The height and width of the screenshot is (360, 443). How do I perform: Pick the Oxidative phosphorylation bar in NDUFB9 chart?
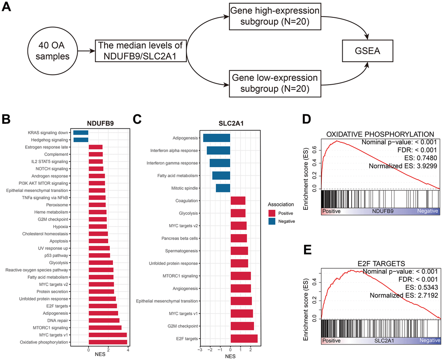tap(108, 342)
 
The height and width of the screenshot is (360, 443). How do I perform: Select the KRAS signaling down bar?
tap(81, 132)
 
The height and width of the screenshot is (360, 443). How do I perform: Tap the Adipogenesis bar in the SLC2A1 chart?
tap(217, 138)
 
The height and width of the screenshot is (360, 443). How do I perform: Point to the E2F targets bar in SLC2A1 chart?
tap(244, 338)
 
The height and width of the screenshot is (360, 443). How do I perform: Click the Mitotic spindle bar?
tap(223, 188)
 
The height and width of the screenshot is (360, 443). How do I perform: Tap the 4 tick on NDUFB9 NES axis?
tap(128, 349)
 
